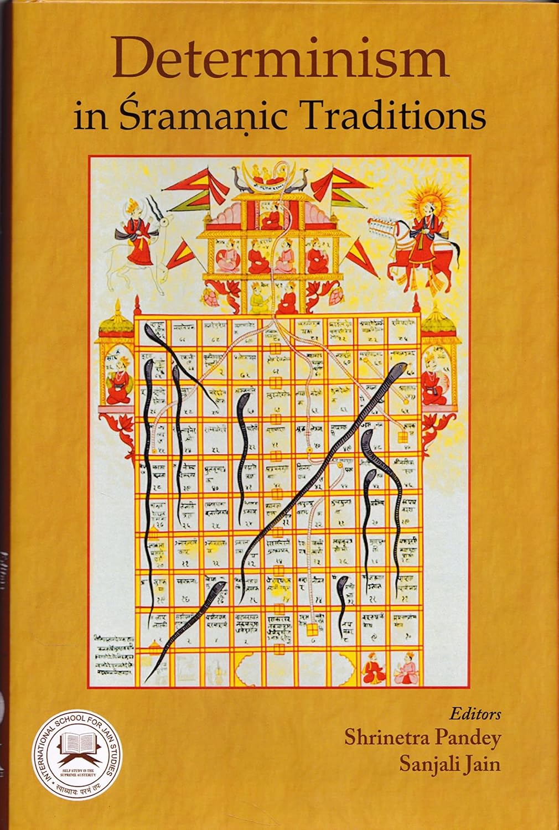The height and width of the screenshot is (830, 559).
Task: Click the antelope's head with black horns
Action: (x=157, y=213)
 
